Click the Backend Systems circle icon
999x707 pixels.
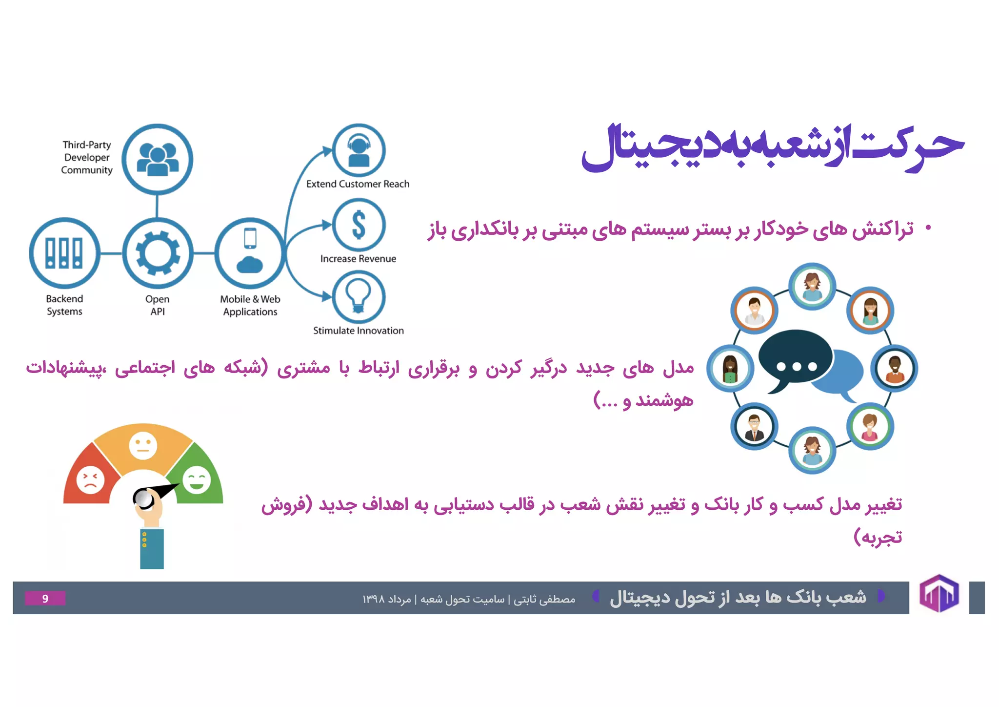coord(64,253)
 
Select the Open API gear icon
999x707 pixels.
coord(157,253)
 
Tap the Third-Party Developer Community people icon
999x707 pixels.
coord(157,159)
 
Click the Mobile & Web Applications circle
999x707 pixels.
coord(250,253)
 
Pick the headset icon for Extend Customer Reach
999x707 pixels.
coord(359,150)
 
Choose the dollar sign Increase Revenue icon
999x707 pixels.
coord(359,225)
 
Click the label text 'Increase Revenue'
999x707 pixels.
coord(358,259)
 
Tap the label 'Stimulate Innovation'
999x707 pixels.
coord(358,331)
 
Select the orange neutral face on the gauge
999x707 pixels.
coord(143,445)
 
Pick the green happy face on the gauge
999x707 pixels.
coord(197,479)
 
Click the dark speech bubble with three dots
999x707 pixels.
coord(795,359)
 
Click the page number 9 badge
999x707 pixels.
coord(45,598)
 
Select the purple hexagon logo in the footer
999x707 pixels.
coord(939,594)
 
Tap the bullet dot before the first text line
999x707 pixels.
coord(928,228)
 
